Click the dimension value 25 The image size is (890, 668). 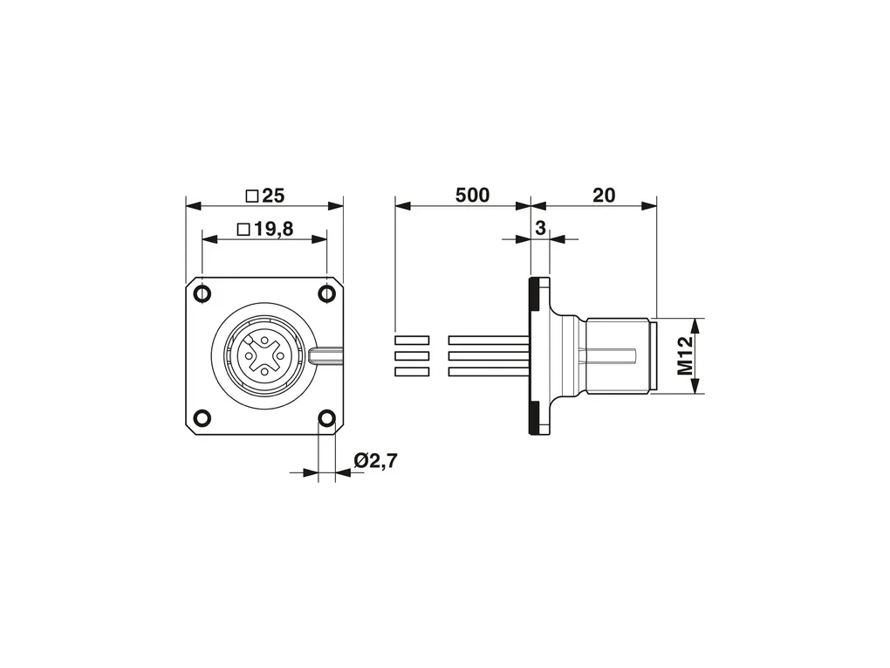273,196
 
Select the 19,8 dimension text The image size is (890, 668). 273,230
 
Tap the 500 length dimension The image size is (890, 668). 472,196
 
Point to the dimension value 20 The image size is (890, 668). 604,196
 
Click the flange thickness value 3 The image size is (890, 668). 540,229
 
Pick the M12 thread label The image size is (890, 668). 686,355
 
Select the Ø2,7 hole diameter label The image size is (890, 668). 376,461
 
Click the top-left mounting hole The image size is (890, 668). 202,293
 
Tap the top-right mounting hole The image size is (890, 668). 327,293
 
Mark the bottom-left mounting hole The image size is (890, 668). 202,418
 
